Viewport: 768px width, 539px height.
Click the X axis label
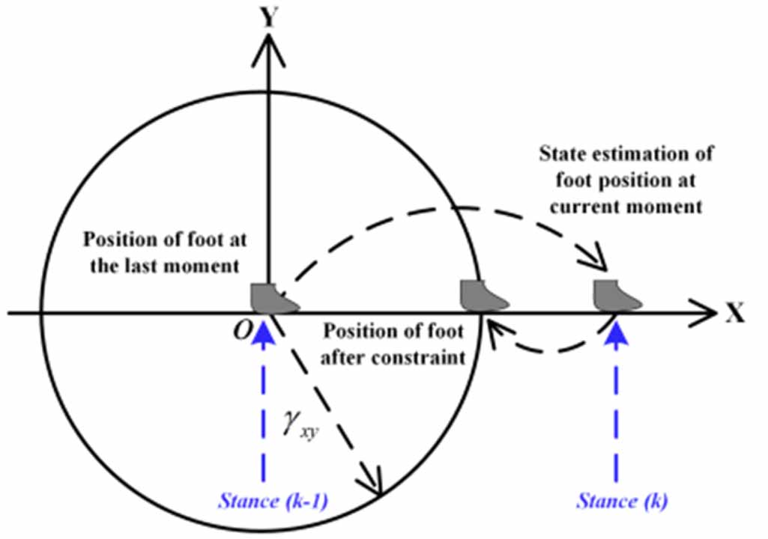734,313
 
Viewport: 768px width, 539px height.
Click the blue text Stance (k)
617,500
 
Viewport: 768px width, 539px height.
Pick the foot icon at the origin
273,297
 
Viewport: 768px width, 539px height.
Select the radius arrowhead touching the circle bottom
374,485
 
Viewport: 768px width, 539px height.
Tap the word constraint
428,356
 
